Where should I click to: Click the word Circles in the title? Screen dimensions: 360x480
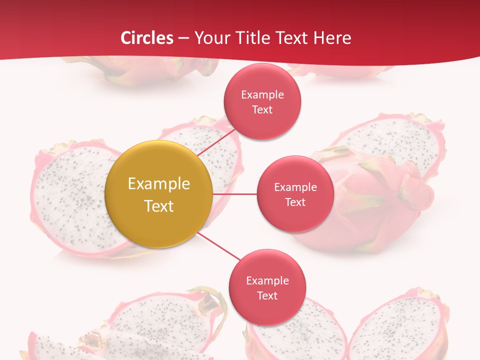coord(147,38)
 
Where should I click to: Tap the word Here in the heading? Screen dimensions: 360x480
coord(332,38)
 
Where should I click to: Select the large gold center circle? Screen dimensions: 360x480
coord(159,194)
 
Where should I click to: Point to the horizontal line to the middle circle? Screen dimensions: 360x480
coord(234,194)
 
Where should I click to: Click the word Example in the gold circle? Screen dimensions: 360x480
coord(159,183)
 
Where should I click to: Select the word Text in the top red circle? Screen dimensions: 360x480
coord(262,109)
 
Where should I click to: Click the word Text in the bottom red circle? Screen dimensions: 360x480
coord(267,295)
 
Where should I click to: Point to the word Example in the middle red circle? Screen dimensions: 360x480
coord(295,187)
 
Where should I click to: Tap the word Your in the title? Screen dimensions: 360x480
coord(210,38)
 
